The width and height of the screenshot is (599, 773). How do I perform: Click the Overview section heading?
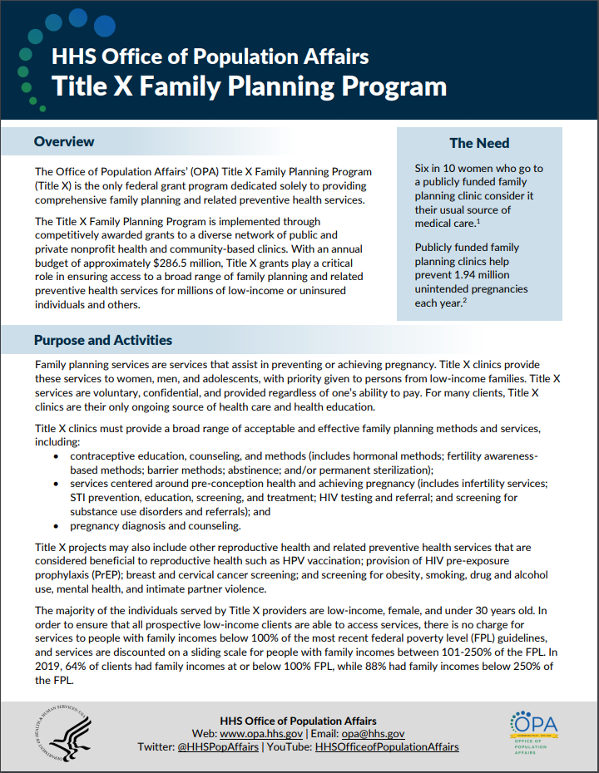click(x=64, y=142)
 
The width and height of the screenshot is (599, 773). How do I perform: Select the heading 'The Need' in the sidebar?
click(x=479, y=143)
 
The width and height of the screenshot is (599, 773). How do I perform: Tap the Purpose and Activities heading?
click(x=103, y=340)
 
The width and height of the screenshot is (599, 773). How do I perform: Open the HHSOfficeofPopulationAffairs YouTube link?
click(x=386, y=747)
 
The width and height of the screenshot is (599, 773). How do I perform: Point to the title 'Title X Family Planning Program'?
click(x=249, y=86)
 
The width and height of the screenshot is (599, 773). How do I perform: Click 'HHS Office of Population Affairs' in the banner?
click(x=210, y=57)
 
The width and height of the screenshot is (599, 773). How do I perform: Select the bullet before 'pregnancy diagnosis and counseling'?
click(x=56, y=526)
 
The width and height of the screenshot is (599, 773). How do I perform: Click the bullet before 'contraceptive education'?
click(x=56, y=457)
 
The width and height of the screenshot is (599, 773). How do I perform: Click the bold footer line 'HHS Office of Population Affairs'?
click(x=298, y=721)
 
